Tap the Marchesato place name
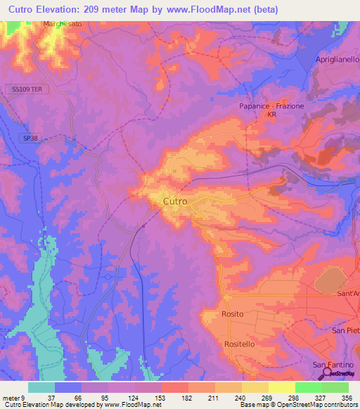pos(64,24)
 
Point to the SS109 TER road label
pos(27,89)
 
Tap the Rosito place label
pos(232,314)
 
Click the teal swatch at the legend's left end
pos(41,387)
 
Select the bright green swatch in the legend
pos(308,387)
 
